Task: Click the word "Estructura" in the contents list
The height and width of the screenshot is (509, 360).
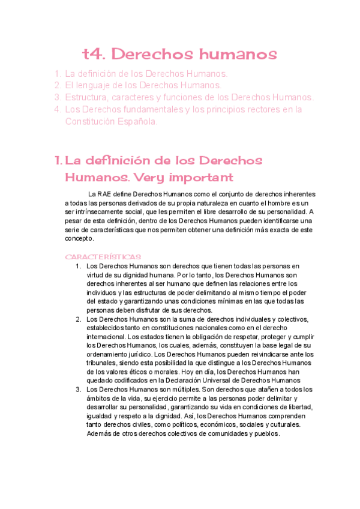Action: [89, 97]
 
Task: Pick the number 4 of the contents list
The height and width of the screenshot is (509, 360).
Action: [57, 109]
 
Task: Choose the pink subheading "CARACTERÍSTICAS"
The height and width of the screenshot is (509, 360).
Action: [103, 257]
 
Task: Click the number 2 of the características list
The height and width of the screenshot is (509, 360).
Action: [78, 319]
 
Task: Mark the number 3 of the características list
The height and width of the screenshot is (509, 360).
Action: [78, 390]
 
